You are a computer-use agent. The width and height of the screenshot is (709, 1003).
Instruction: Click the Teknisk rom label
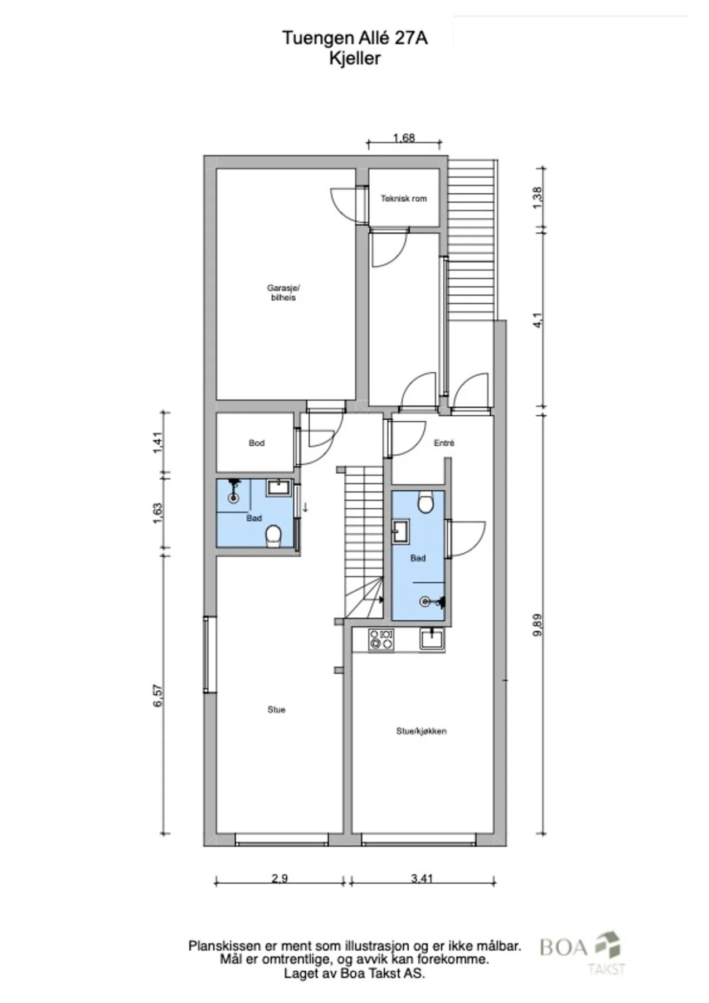point(404,198)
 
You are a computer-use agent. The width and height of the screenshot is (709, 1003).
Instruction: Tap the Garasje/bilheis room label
point(283,293)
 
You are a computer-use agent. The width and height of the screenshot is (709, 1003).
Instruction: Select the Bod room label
point(257,444)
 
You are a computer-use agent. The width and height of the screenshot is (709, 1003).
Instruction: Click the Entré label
point(444,444)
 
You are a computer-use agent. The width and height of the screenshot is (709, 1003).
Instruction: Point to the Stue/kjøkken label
point(422,731)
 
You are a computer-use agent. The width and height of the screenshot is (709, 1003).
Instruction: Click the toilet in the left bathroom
point(273,537)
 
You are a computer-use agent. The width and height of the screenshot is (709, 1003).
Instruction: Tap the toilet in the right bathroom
point(426,501)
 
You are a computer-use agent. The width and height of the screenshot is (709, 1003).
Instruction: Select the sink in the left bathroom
point(278,488)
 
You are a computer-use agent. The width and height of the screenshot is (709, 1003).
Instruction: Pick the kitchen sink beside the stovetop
point(432,639)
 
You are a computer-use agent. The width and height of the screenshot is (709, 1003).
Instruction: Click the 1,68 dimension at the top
point(404,138)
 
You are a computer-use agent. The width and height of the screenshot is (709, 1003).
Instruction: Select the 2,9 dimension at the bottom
point(280,879)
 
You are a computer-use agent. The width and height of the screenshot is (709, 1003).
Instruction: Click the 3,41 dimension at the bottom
point(422,879)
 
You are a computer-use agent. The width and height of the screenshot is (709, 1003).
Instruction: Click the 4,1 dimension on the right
point(537,322)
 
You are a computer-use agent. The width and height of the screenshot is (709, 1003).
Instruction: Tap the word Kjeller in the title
point(355,59)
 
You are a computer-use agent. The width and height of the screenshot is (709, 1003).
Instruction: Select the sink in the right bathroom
point(400,531)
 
